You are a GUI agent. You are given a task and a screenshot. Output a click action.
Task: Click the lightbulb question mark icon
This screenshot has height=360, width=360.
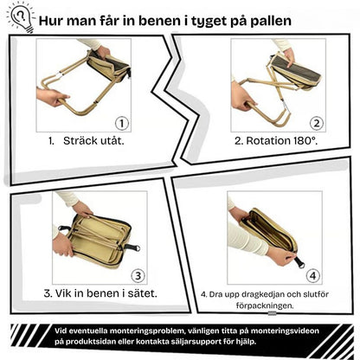click(x=21, y=17)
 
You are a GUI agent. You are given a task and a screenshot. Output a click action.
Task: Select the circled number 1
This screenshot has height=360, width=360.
click(x=122, y=124)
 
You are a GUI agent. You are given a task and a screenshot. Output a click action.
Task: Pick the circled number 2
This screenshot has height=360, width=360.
click(x=317, y=124)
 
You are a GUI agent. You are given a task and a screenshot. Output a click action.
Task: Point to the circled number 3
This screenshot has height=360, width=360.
click(x=138, y=275)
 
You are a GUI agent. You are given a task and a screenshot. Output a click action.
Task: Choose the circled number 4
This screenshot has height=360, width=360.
click(x=313, y=276)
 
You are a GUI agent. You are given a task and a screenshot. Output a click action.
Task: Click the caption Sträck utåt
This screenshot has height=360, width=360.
click(x=93, y=141)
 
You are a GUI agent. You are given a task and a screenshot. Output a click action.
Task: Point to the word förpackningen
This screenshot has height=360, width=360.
click(x=265, y=306)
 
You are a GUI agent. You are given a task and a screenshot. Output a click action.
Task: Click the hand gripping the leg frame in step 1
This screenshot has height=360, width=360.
click(x=52, y=97)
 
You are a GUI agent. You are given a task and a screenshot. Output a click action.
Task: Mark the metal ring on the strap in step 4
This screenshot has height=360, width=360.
click(x=300, y=265)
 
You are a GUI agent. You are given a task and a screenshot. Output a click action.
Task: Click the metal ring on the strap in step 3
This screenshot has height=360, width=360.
click(x=137, y=248)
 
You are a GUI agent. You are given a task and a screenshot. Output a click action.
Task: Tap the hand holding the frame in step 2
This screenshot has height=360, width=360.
click(x=243, y=97)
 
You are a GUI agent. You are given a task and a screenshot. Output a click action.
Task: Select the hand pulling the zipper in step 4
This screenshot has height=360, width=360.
click(x=280, y=256)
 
